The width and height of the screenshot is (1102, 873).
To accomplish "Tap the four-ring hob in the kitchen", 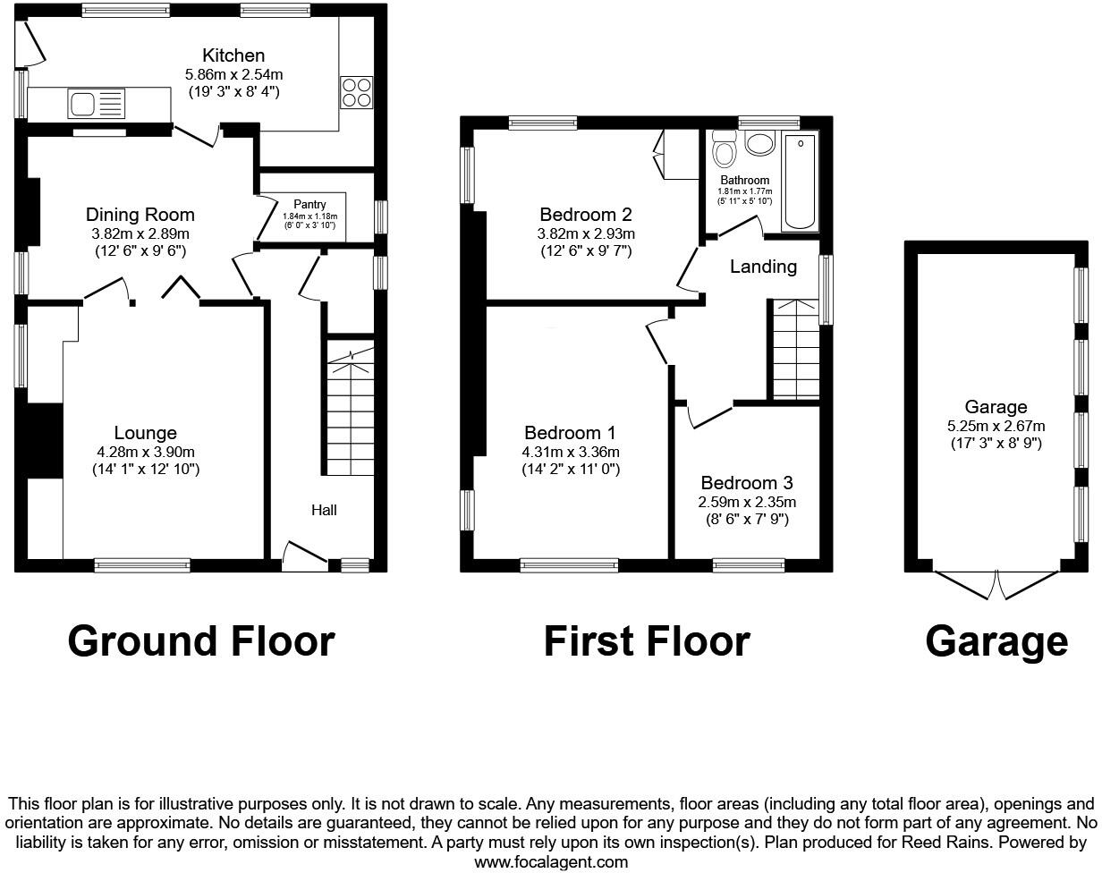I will (356, 93).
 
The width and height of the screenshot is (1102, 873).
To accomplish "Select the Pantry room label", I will (309, 205).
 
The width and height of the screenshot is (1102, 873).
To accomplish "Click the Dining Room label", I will (140, 215).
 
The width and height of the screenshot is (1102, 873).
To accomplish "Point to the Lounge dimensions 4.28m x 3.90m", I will (145, 452).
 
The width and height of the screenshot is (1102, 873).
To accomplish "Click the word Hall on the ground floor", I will (324, 510).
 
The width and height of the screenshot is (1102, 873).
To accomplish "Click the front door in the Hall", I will (304, 555).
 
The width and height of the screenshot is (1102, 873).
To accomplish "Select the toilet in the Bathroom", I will (723, 148).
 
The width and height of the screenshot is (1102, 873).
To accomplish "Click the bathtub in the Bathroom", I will (801, 182).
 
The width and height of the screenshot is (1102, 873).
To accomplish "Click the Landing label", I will (763, 267).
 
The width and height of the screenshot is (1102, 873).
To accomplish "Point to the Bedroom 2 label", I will (586, 215).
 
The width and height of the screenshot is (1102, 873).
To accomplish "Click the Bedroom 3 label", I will (747, 483).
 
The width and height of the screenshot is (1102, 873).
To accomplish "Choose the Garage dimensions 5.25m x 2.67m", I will (996, 426).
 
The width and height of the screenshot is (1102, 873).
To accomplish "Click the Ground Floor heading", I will (200, 641).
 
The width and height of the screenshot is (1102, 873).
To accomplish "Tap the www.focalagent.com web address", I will (551, 862).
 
